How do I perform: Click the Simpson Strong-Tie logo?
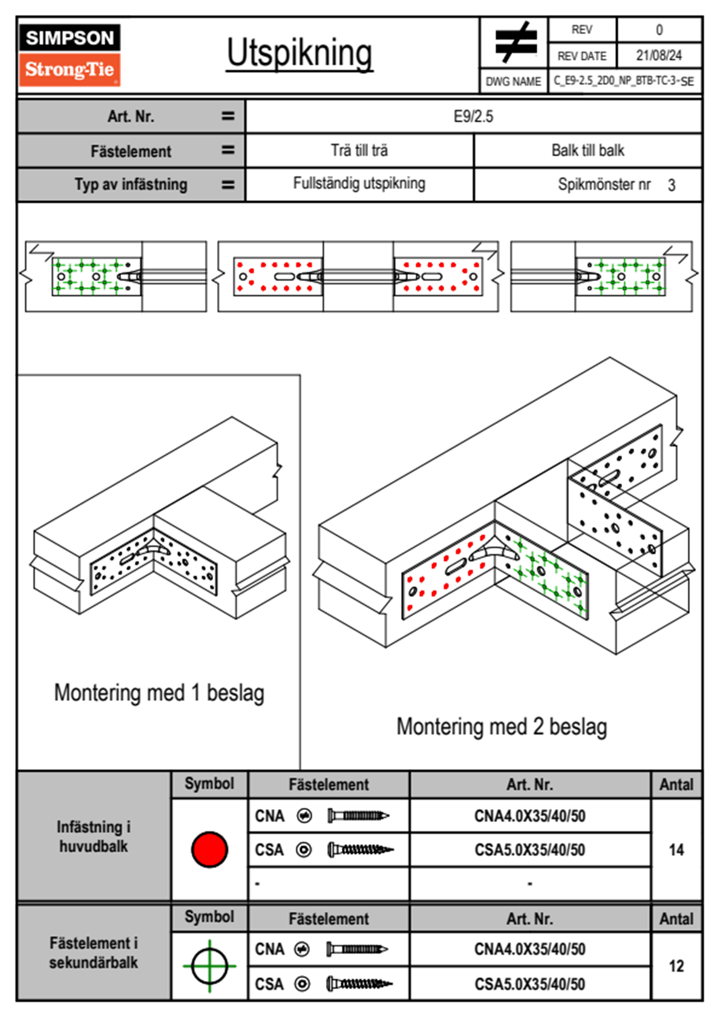point(70,55)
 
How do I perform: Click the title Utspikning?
point(299,54)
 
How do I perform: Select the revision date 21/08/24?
point(659,56)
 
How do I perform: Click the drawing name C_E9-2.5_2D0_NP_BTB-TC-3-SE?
point(624,81)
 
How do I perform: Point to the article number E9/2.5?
point(473,117)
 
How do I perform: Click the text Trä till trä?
point(359,151)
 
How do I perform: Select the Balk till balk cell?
point(588,151)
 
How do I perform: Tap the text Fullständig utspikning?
point(359,183)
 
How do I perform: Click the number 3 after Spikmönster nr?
point(672,185)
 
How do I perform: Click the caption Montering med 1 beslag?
point(159,693)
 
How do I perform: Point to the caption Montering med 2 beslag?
point(502,726)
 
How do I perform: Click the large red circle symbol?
point(209,849)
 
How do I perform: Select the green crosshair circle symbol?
point(209,966)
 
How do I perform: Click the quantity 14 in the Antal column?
point(676,850)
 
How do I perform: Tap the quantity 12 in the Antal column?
point(676,966)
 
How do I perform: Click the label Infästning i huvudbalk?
point(94,836)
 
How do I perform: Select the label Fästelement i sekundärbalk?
point(94,953)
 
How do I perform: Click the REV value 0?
point(659,30)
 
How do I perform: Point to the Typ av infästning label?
point(131,185)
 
